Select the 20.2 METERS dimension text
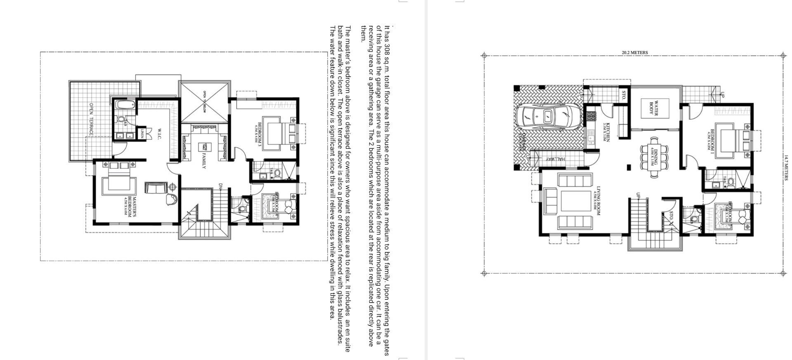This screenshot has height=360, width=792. [634, 53]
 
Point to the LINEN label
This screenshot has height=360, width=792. [142, 134]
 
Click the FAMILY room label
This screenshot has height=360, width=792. [203, 161]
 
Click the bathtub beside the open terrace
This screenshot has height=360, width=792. [124, 105]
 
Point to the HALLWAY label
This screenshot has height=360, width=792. [555, 159]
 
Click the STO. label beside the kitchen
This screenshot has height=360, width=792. [624, 95]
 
